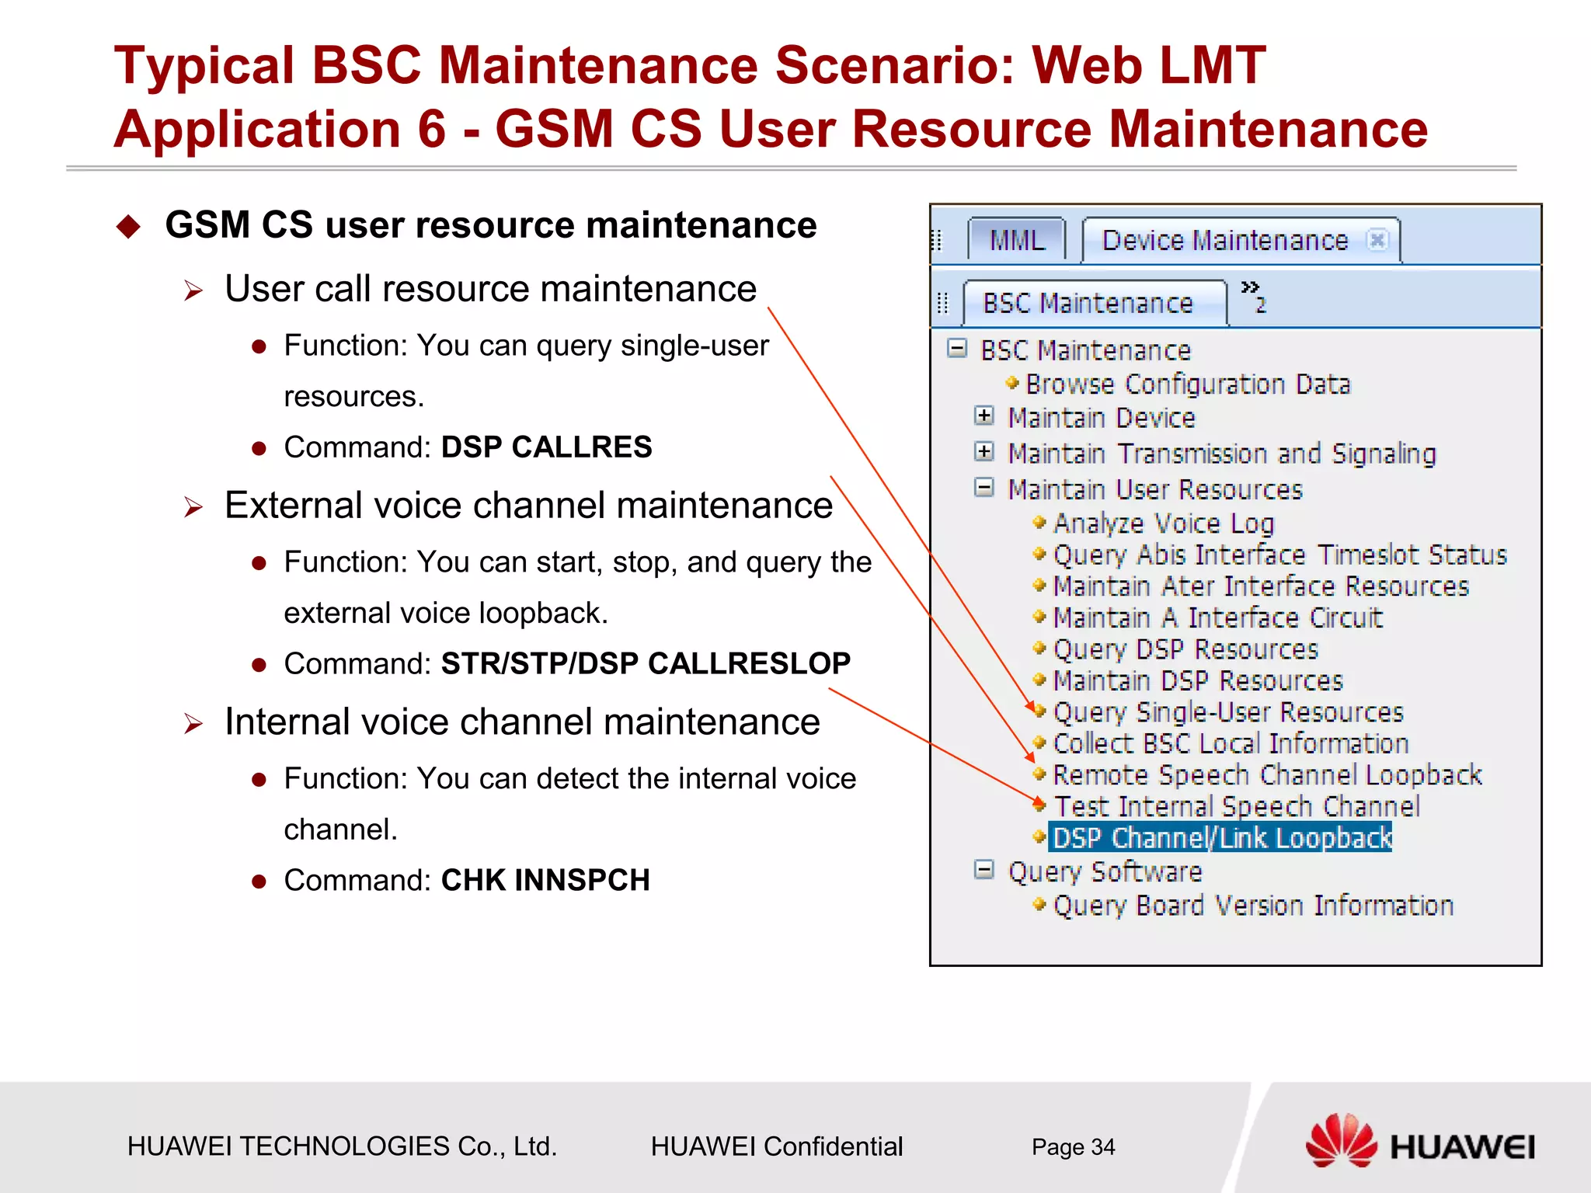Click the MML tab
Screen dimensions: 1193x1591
point(1016,240)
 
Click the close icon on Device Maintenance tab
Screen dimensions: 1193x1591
point(1377,240)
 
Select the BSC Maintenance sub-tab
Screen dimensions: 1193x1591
point(1088,303)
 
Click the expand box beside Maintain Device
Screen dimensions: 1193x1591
point(983,416)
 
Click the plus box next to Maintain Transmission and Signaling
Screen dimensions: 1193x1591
point(983,451)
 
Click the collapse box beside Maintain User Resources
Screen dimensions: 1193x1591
point(983,488)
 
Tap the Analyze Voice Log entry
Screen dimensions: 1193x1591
point(1163,523)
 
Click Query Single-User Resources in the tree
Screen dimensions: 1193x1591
point(1227,712)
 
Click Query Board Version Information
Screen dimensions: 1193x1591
point(1252,906)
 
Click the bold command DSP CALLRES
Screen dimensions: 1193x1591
point(546,447)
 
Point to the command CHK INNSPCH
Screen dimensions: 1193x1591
point(545,880)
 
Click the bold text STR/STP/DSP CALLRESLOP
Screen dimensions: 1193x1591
point(645,663)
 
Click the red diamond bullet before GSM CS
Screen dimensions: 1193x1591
point(128,227)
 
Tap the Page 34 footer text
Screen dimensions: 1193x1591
point(1073,1146)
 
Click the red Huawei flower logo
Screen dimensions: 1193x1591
point(1341,1140)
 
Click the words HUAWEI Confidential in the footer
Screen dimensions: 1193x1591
point(776,1146)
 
